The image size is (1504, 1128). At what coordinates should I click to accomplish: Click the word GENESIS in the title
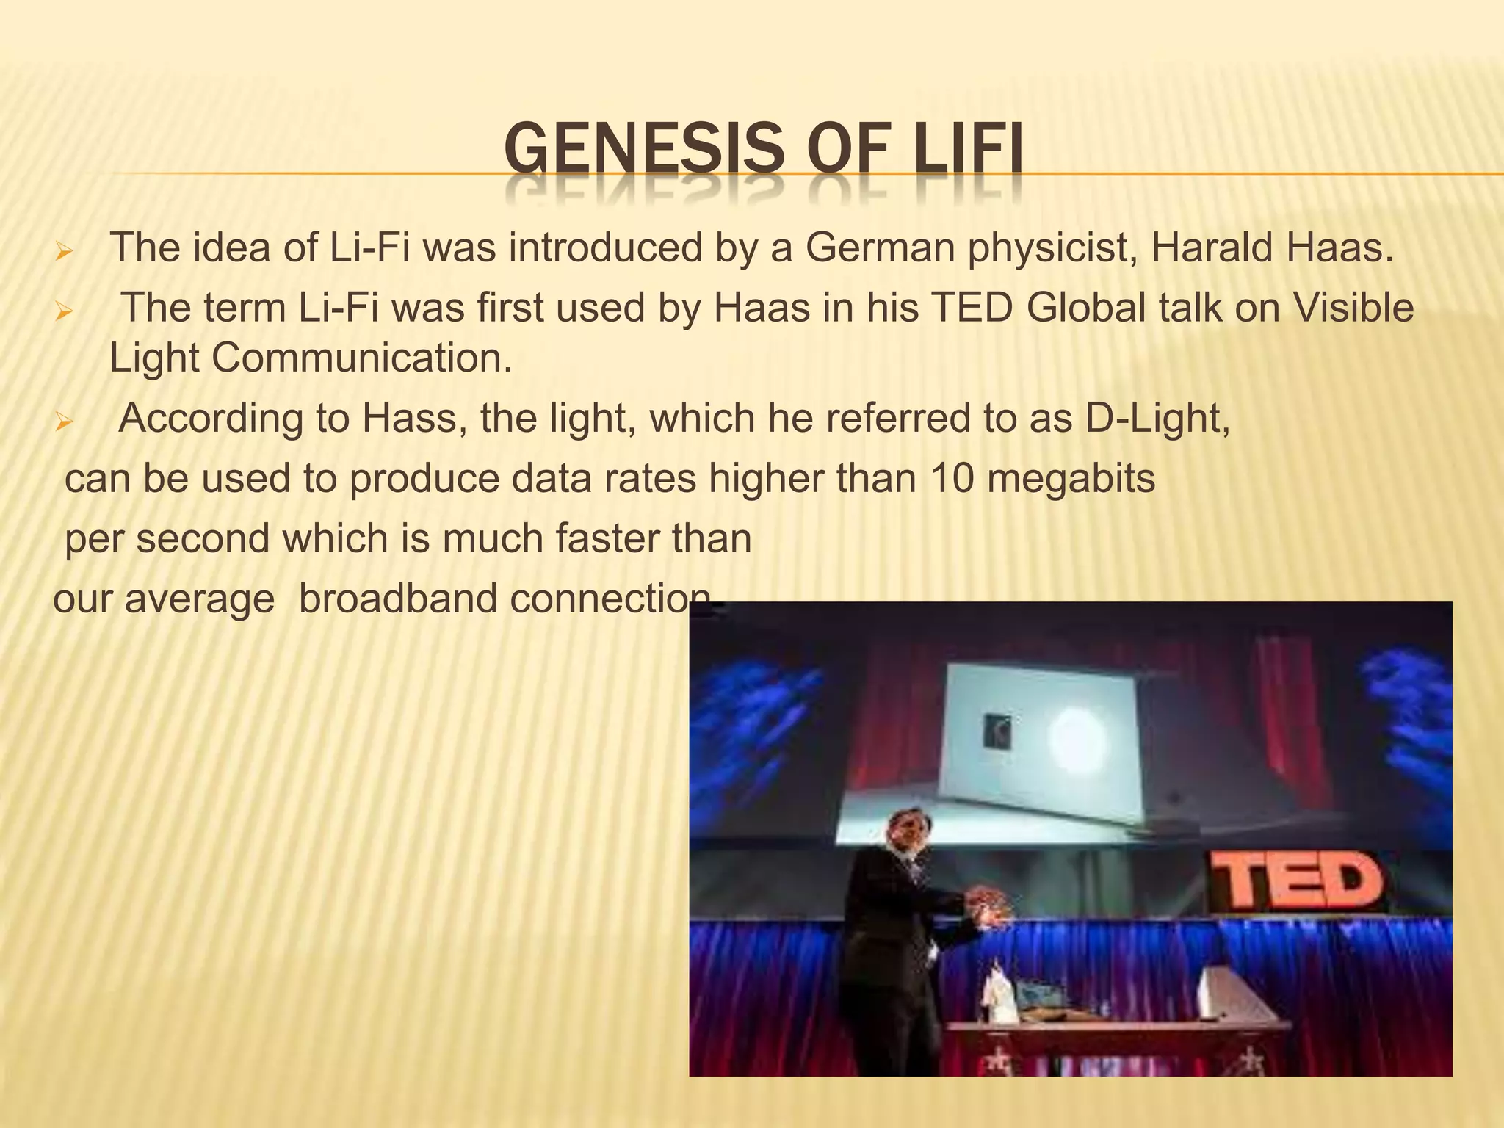[x=644, y=149]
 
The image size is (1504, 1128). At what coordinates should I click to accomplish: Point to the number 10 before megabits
[x=952, y=479]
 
